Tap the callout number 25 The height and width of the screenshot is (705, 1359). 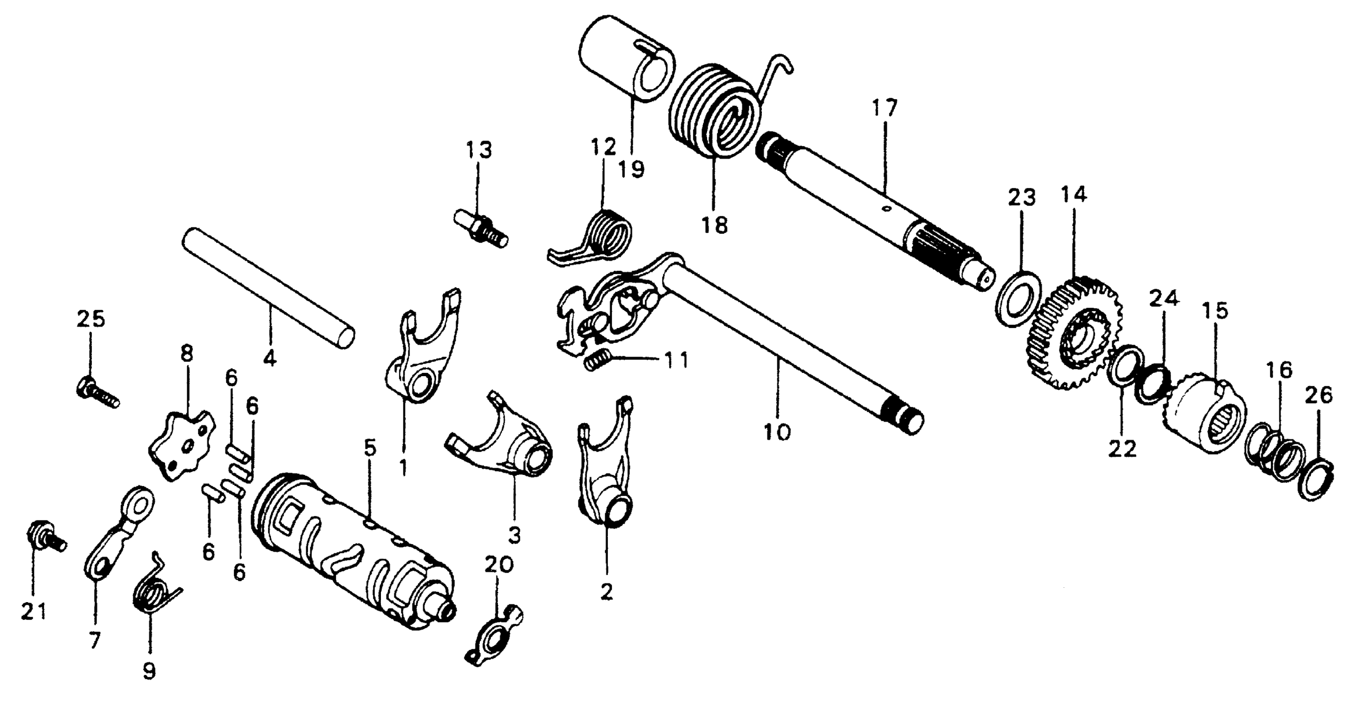[91, 320]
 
